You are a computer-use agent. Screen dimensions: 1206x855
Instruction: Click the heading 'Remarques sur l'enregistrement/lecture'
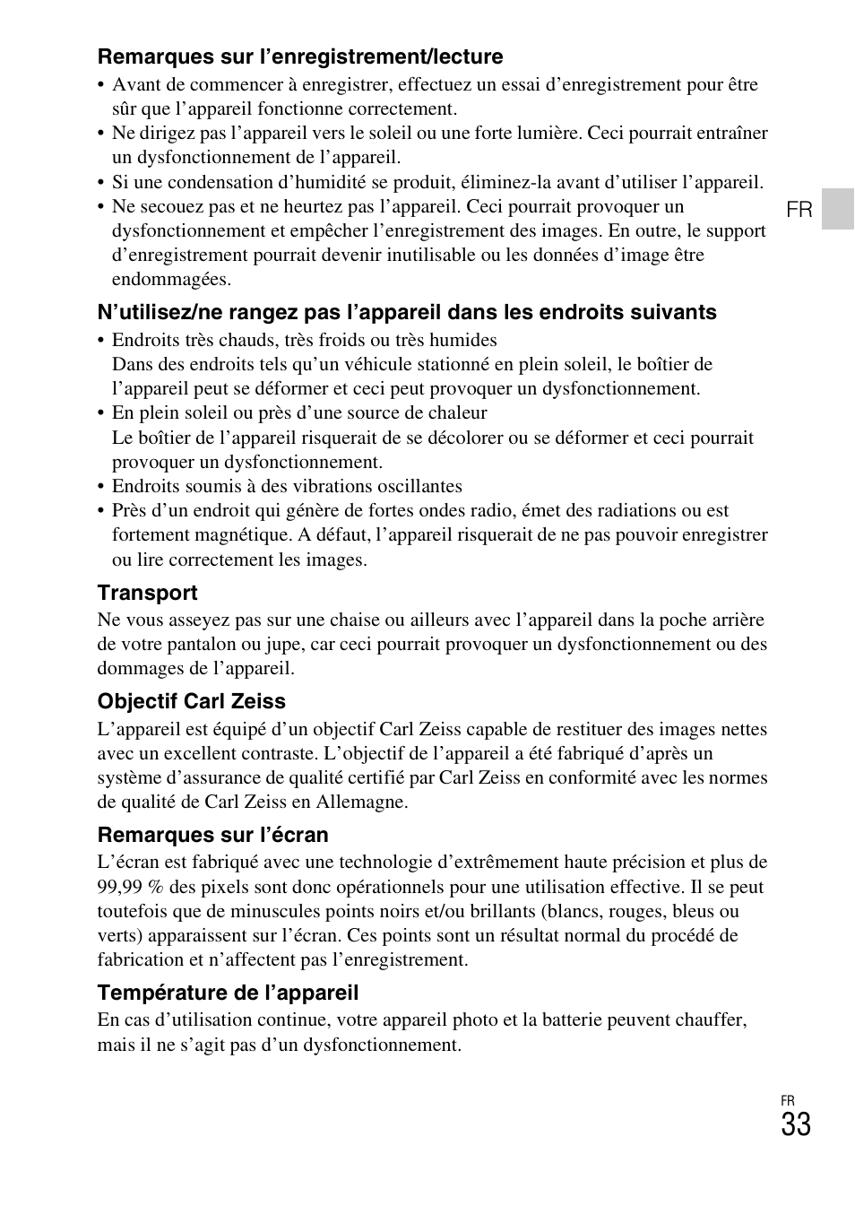(x=300, y=56)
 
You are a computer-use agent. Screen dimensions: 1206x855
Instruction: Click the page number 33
(x=795, y=1125)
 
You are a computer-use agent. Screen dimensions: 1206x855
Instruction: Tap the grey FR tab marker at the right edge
(x=838, y=209)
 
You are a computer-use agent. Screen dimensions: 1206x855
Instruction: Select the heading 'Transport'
(x=147, y=593)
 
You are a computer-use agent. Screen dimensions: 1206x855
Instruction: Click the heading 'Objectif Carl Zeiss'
(x=191, y=701)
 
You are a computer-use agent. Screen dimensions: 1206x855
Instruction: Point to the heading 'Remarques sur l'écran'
(x=212, y=835)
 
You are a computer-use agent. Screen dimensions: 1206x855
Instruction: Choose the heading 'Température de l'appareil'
(x=228, y=993)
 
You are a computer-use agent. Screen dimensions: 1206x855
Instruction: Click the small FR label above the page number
(x=787, y=1100)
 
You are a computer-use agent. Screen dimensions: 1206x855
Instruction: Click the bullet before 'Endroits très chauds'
(x=101, y=341)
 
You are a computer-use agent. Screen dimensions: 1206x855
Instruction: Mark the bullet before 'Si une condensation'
(x=101, y=183)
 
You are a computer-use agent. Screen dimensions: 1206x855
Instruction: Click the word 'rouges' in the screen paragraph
(x=634, y=911)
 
